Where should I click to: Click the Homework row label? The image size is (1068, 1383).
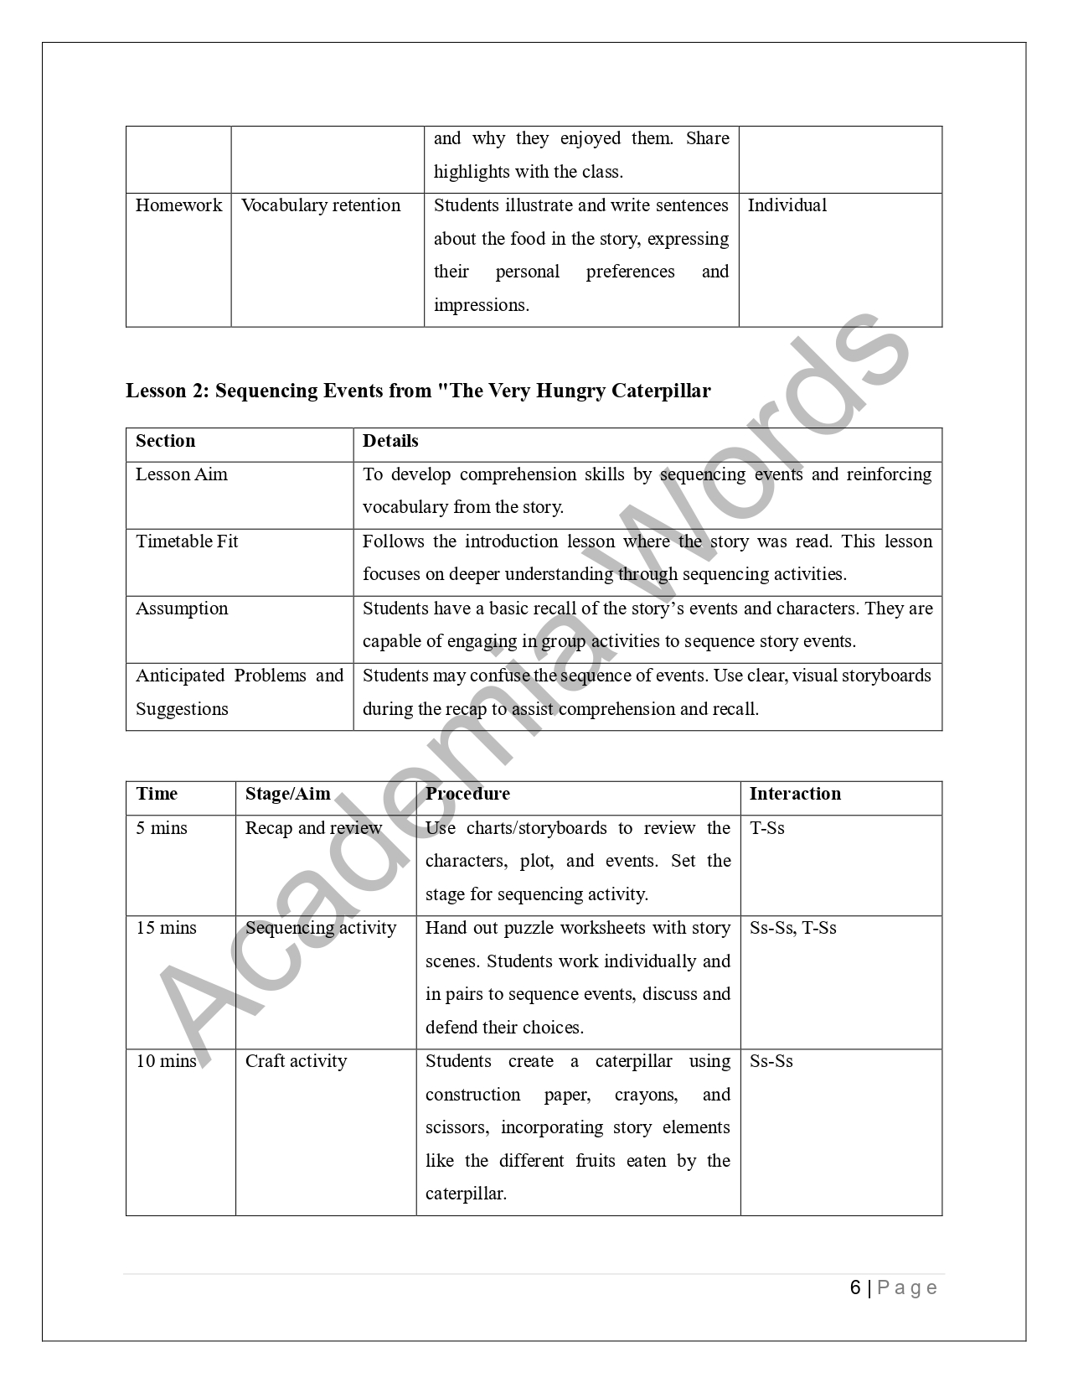[178, 205]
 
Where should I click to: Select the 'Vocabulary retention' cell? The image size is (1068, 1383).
[321, 205]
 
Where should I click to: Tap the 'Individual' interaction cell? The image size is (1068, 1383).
[787, 205]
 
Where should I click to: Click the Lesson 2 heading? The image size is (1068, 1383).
[418, 391]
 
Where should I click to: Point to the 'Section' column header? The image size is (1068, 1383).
[165, 441]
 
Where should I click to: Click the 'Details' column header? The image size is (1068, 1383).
[390, 441]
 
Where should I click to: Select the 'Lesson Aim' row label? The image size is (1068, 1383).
[181, 474]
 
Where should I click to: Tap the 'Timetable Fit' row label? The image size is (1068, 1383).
[187, 541]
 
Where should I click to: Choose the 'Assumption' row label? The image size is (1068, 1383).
[182, 609]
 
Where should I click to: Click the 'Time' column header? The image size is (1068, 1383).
[157, 794]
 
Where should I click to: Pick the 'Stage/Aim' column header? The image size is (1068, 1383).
[287, 794]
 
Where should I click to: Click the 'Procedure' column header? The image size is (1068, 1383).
[467, 794]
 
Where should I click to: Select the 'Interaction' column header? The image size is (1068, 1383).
[795, 794]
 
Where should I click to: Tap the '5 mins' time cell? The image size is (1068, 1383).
[162, 828]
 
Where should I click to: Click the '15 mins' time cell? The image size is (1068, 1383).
[166, 928]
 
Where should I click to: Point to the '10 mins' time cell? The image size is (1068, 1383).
[166, 1061]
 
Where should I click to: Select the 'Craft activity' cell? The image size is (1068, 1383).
[296, 1061]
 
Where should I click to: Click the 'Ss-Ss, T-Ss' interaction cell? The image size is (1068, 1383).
[792, 928]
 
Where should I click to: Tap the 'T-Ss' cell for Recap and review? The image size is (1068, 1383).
[766, 828]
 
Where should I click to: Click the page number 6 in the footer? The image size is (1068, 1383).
[855, 1287]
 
